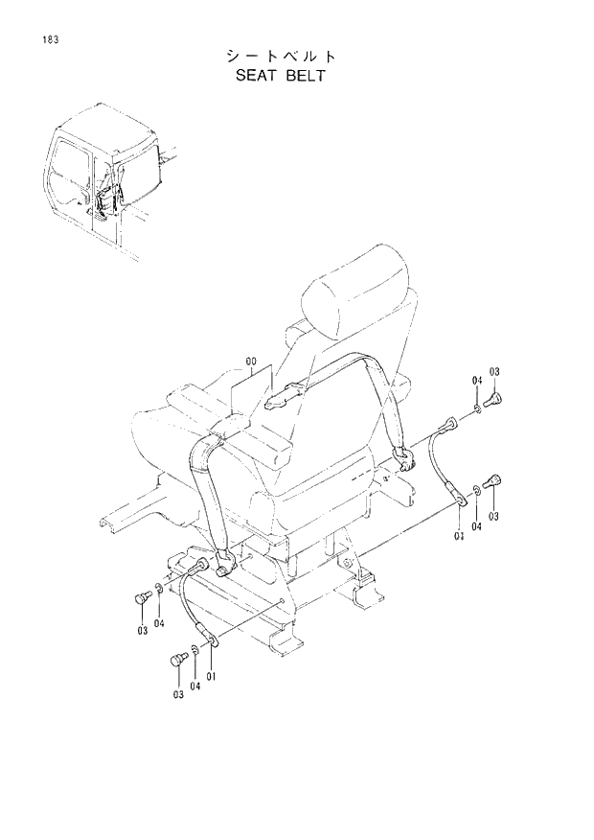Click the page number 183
coord(47,40)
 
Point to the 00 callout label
coord(252,362)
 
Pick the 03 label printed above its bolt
coord(494,371)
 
